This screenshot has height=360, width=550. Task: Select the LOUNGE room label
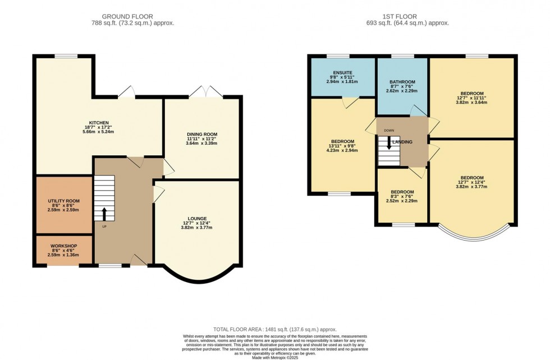coord(198,218)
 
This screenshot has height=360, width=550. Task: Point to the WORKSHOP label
coord(63,246)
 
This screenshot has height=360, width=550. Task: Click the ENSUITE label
coord(342,73)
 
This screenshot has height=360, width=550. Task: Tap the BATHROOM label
coord(402,82)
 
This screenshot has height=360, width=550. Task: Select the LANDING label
coord(402,142)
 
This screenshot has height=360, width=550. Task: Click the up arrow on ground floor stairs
coord(104,213)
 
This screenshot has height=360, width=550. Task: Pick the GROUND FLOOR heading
coord(132,16)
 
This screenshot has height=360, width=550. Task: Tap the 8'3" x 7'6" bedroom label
coord(402,192)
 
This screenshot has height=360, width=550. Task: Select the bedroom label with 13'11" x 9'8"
coord(342,141)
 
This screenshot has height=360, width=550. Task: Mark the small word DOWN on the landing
coord(389,131)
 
